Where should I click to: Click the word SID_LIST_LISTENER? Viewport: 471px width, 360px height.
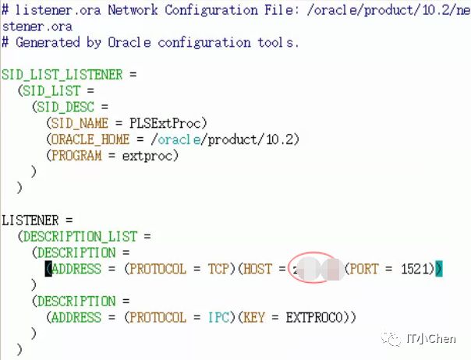click(62, 75)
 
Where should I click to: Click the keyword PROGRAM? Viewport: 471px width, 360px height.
click(77, 156)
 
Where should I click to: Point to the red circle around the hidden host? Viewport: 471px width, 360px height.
click(311, 269)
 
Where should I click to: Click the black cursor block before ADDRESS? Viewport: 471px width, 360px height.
click(48, 269)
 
